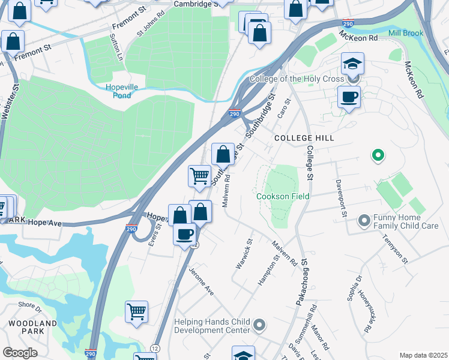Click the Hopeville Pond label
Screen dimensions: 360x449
[122, 91]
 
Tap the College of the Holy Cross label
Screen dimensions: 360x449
[297, 79]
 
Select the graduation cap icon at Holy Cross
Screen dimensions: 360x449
[352, 64]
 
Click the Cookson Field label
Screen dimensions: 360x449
[283, 197]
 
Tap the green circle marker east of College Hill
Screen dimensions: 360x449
[378, 156]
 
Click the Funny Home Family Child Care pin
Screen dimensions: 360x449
[363, 221]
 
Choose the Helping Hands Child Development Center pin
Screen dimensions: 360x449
[259, 326]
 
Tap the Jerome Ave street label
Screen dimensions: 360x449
[202, 281]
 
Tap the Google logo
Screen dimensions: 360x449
[20, 353]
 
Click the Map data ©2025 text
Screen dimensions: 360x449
[423, 355]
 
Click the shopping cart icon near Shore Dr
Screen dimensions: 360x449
[136, 312]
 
